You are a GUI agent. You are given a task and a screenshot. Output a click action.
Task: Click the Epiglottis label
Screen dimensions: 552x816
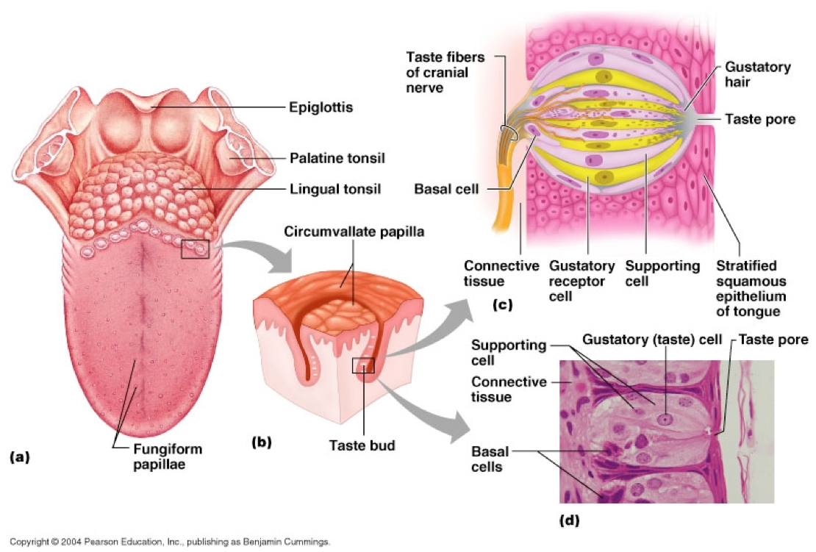coord(321,107)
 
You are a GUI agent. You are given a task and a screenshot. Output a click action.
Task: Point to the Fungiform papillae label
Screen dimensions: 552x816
coord(168,456)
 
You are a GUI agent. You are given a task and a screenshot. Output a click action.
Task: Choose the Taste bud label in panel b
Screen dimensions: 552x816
coord(361,445)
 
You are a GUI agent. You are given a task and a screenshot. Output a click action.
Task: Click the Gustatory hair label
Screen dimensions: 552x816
coord(757,74)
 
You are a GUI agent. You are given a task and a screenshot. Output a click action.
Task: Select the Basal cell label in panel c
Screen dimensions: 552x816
coord(448,189)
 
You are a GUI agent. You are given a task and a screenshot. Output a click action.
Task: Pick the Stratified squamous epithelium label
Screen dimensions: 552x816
coord(750,290)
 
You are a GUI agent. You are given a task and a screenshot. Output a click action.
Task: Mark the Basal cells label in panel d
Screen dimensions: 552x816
coord(490,457)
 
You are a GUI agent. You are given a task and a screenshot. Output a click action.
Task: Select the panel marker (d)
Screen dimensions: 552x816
coord(568,520)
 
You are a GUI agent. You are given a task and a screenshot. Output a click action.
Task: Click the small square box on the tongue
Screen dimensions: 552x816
coord(195,249)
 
